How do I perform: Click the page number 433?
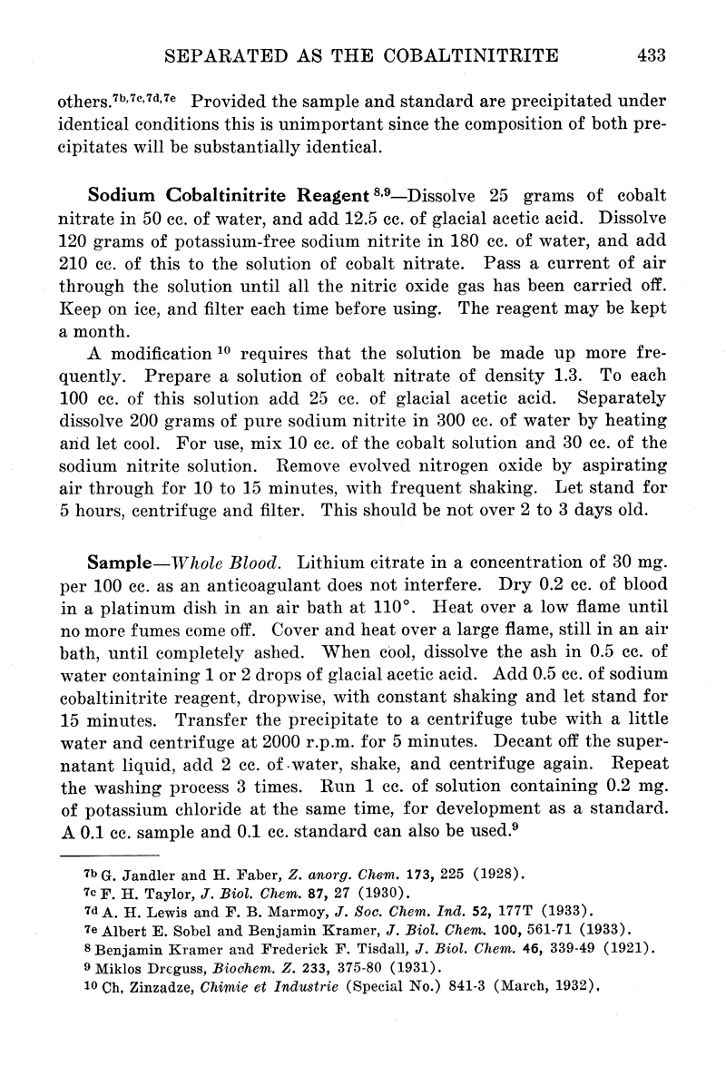[x=652, y=56]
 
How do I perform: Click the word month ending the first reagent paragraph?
[x=118, y=331]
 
